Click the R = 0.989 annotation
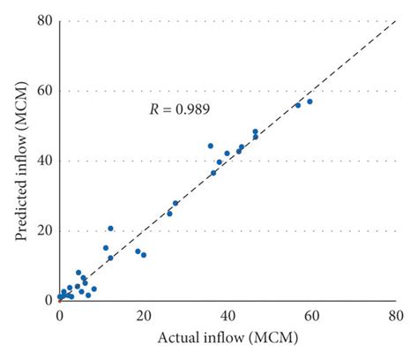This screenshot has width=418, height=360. click(x=178, y=109)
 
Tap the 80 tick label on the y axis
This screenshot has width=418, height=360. click(x=45, y=20)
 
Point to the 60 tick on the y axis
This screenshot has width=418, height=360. click(x=45, y=90)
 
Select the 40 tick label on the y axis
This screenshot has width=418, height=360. click(x=45, y=161)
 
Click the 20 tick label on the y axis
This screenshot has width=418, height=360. click(x=45, y=230)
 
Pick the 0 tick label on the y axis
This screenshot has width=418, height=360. click(x=49, y=300)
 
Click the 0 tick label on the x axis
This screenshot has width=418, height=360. click(x=59, y=314)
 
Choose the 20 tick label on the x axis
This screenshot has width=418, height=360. click(x=144, y=314)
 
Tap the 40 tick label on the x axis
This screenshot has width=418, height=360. click(x=228, y=314)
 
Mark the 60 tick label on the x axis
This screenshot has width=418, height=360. click(x=312, y=314)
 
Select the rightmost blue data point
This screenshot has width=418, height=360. click(x=310, y=101)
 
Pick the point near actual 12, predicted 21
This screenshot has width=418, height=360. click(x=110, y=228)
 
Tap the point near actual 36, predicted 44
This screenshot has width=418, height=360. click(x=211, y=146)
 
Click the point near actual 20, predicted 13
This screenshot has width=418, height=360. click(x=144, y=254)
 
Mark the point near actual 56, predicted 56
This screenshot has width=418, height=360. click(x=297, y=105)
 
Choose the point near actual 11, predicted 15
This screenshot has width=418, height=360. click(x=106, y=248)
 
